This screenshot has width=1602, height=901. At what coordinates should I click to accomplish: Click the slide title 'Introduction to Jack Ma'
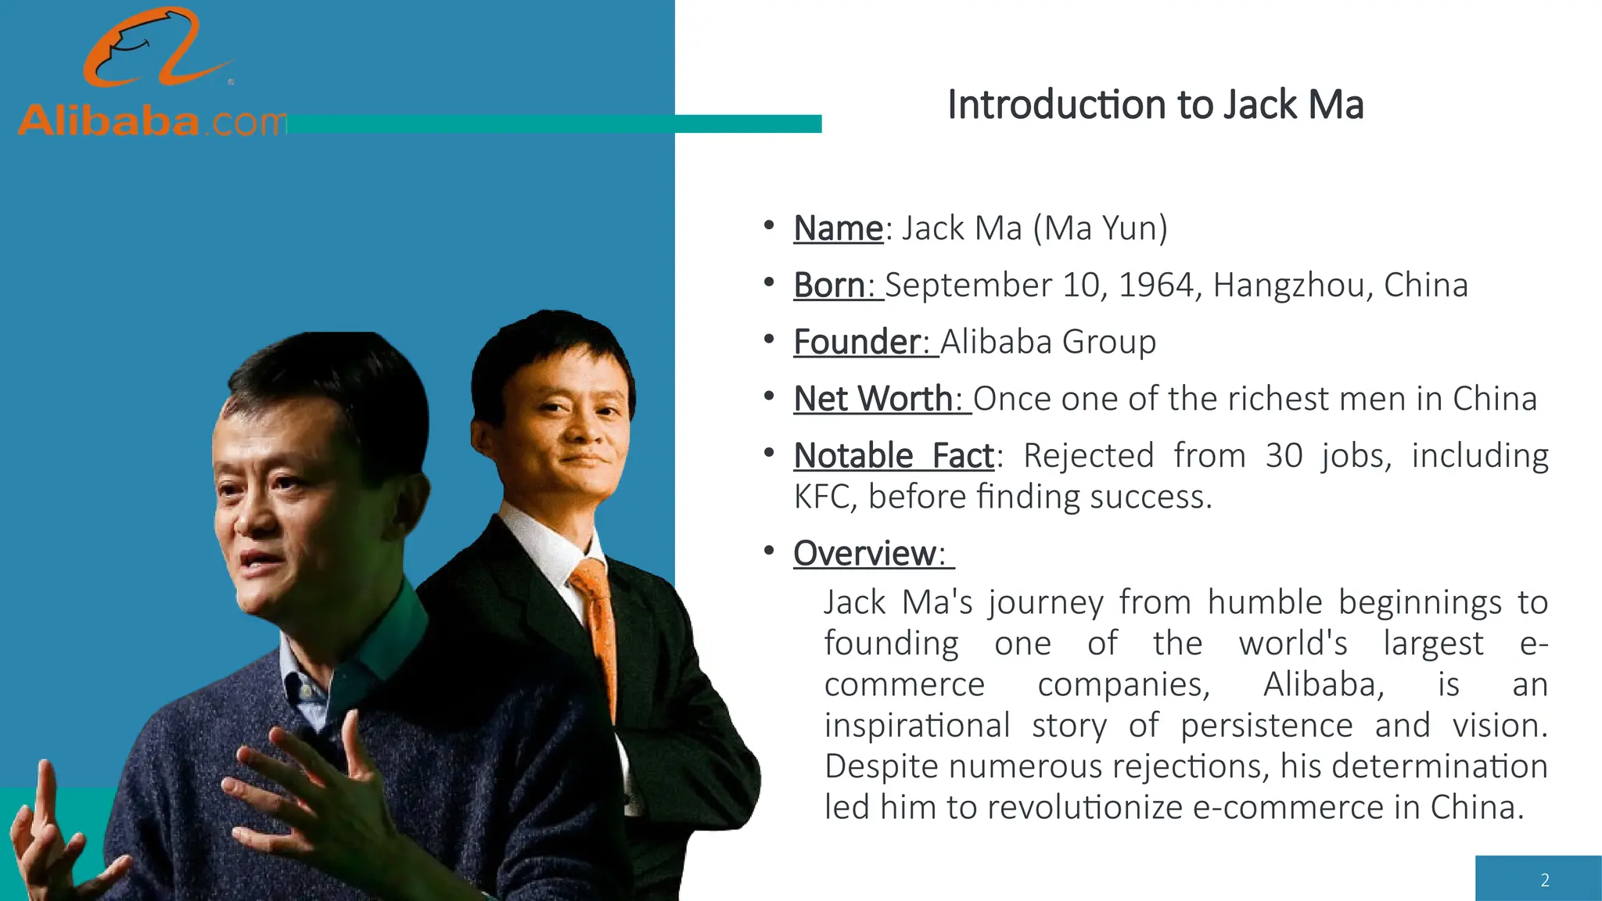click(x=1155, y=105)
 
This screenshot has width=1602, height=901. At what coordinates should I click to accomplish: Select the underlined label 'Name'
click(x=838, y=228)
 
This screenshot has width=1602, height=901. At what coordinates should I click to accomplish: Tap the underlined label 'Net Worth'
click(x=873, y=399)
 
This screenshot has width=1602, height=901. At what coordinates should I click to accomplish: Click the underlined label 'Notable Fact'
click(x=894, y=456)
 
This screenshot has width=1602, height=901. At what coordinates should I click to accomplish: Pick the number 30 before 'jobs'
click(x=1284, y=456)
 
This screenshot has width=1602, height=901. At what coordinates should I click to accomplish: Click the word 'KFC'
click(x=821, y=497)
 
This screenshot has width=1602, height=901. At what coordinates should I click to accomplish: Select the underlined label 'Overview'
click(x=864, y=554)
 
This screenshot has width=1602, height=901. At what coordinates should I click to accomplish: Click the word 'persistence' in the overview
click(x=1266, y=726)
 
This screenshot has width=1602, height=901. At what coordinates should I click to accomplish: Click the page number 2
click(x=1544, y=880)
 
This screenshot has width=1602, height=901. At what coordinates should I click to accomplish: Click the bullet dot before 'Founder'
click(x=769, y=339)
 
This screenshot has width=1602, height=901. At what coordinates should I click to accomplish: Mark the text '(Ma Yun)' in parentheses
click(x=1100, y=228)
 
